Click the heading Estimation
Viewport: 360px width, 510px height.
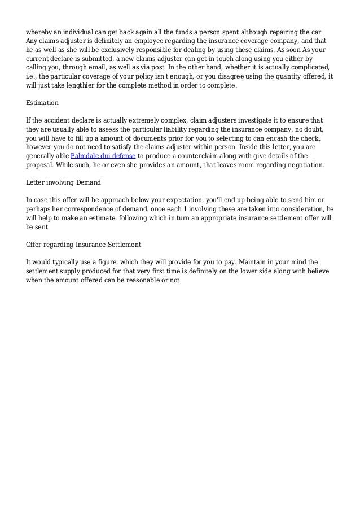[42, 104]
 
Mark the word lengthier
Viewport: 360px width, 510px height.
[82, 86]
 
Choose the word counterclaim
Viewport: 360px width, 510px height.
[194, 156]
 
